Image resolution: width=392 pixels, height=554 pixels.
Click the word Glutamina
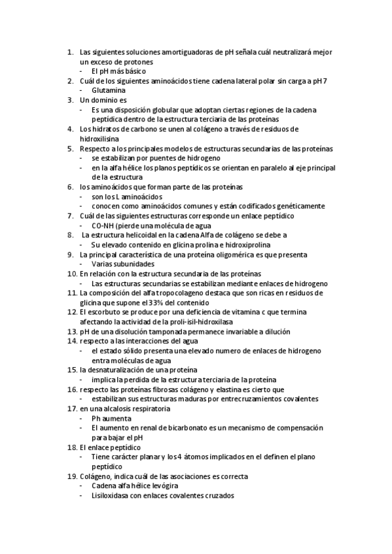click(x=109, y=90)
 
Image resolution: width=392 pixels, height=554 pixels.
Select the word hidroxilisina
click(x=100, y=139)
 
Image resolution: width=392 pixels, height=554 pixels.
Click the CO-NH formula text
click(x=105, y=225)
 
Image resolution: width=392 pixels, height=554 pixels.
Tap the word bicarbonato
click(x=181, y=427)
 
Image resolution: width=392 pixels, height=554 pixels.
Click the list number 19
click(x=71, y=476)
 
